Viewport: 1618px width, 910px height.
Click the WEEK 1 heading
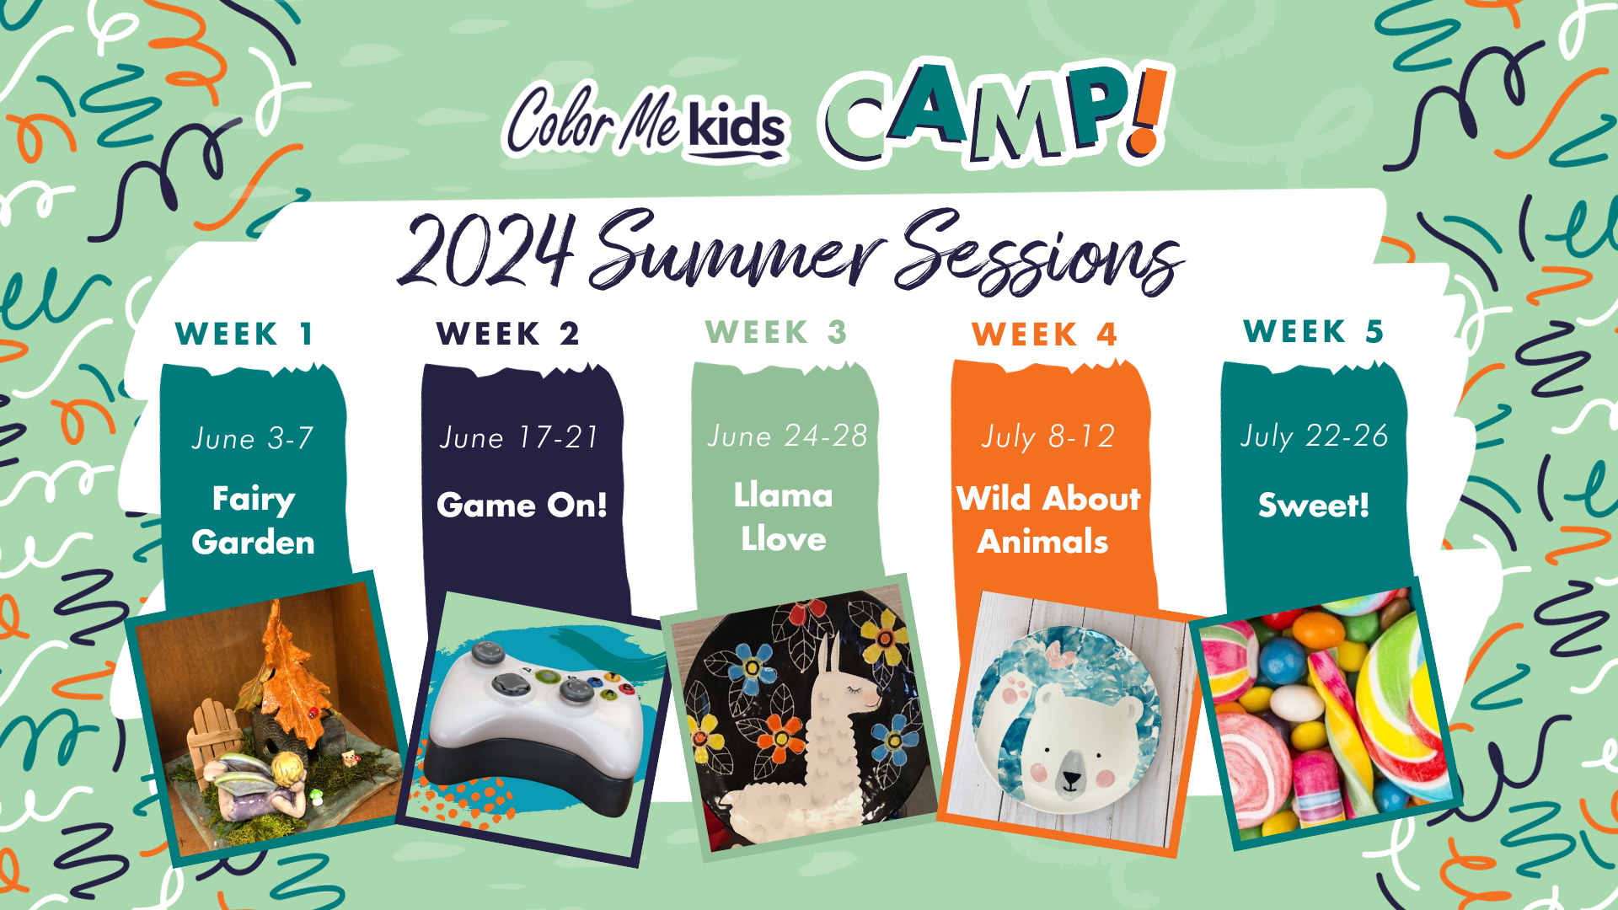[244, 334]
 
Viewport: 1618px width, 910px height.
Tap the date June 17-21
[519, 437]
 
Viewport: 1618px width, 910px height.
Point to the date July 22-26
[1314, 436]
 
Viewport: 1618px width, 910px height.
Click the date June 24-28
[787, 436]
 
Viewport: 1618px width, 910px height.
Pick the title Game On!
[522, 505]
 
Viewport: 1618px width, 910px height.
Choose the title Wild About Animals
[1047, 520]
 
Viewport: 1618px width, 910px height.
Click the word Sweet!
[1313, 505]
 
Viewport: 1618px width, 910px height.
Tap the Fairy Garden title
[253, 521]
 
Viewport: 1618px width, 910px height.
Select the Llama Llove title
[784, 517]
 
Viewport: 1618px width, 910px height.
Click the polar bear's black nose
[1070, 779]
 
